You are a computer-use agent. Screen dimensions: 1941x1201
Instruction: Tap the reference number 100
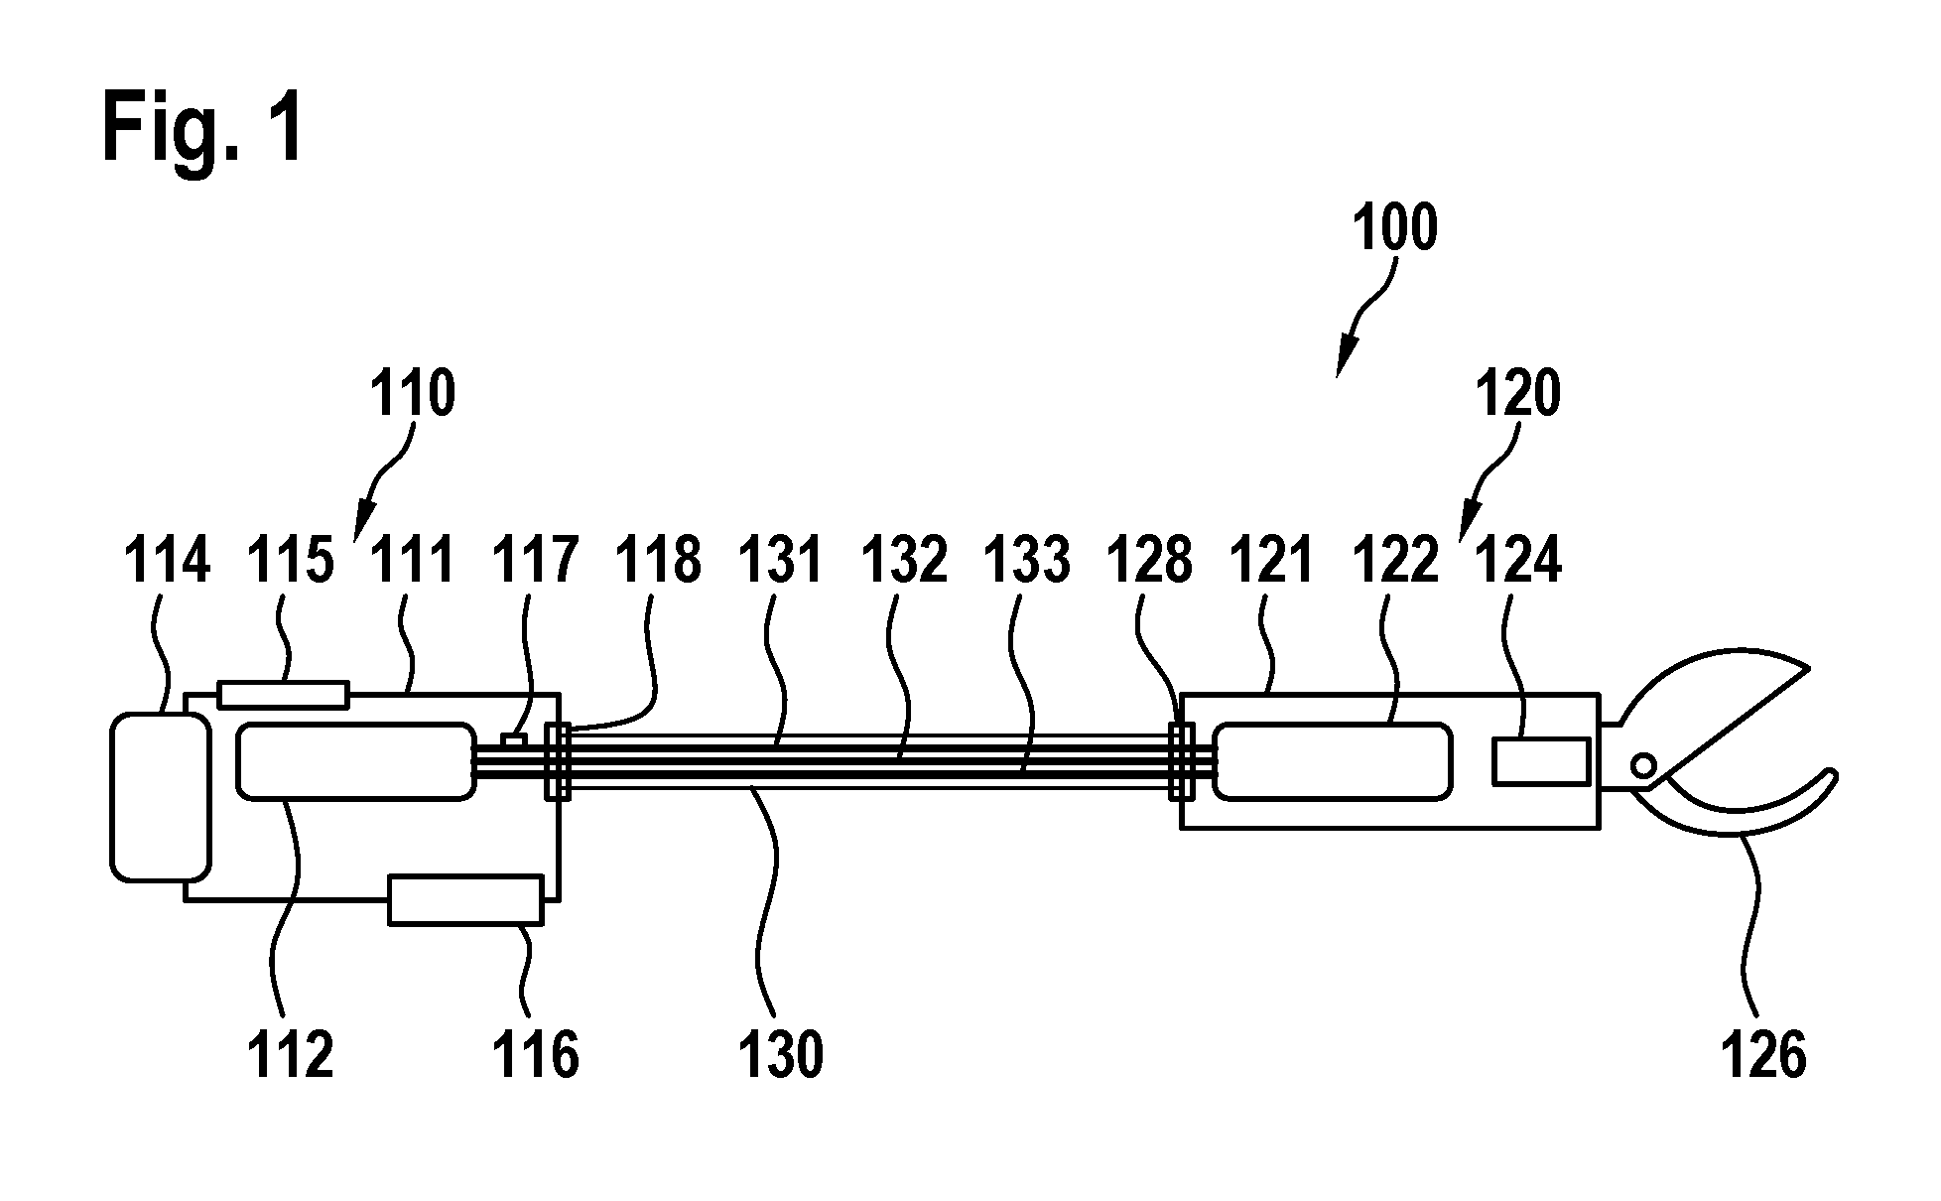1395,227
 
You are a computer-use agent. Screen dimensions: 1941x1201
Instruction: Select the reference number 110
413,393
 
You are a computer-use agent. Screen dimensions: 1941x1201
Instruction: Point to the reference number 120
1518,393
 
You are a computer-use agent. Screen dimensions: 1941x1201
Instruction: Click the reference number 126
1763,1054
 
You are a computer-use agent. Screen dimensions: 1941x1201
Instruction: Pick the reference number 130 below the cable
781,1054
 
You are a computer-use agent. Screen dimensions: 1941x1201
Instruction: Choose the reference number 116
536,1054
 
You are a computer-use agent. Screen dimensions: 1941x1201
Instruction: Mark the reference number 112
290,1054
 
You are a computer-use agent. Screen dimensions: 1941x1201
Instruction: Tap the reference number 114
167,560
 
